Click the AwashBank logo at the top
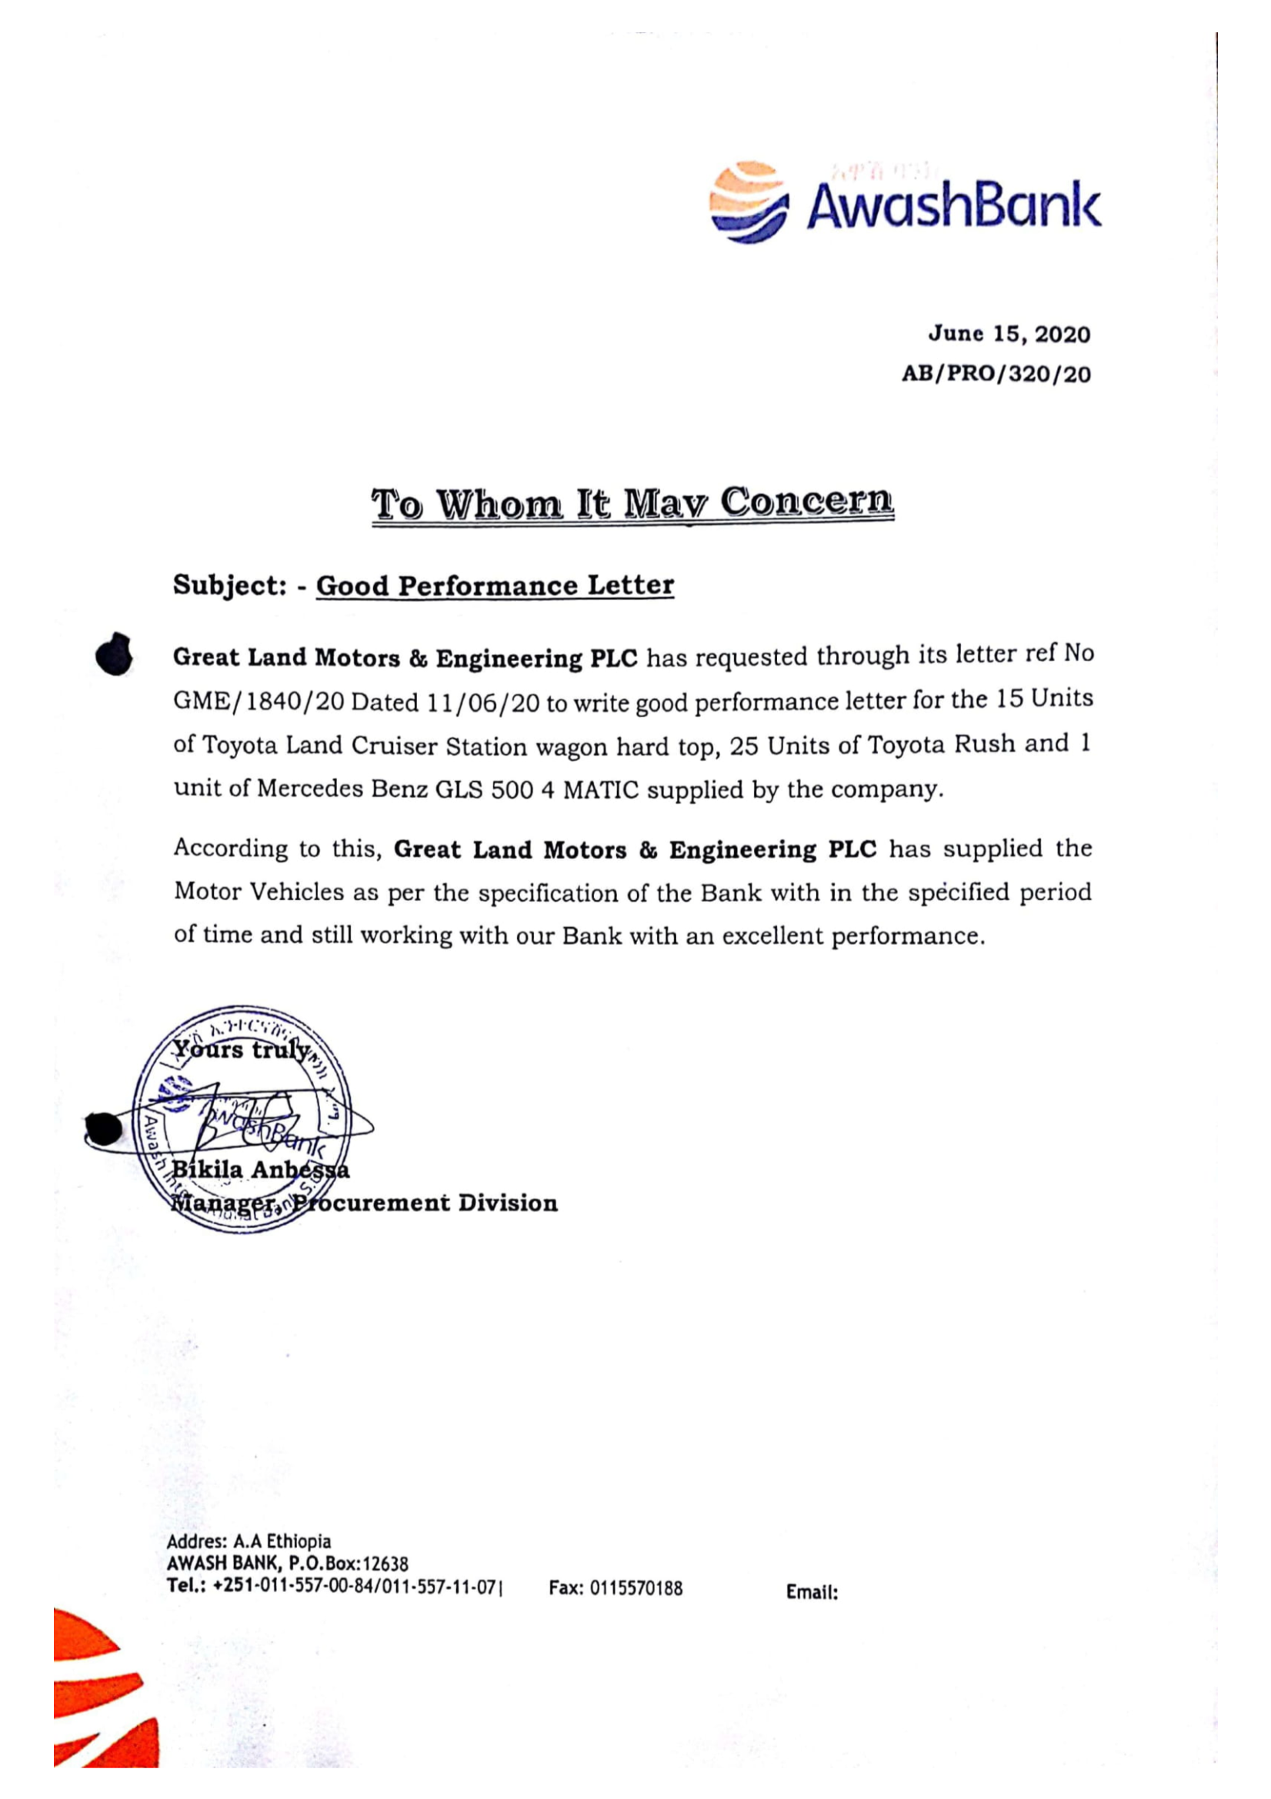904,202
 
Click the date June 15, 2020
1009,335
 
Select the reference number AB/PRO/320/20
995,375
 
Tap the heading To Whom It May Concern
632,503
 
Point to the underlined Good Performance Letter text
495,586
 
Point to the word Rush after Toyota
984,744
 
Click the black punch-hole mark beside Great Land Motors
114,655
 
